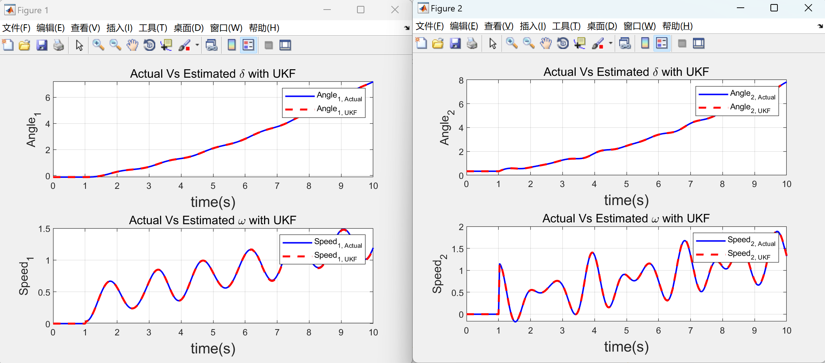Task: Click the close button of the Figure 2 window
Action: (x=808, y=8)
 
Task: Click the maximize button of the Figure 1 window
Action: (x=361, y=10)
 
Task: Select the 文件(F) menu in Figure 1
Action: (x=16, y=28)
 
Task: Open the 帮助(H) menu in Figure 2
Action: (x=677, y=26)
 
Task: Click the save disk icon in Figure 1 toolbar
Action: (x=42, y=45)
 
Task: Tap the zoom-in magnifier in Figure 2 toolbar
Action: (x=512, y=43)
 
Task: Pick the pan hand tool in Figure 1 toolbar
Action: (x=132, y=45)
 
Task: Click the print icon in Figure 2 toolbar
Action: (x=472, y=43)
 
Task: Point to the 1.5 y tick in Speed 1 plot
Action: (x=44, y=229)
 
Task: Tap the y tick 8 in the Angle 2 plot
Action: (x=461, y=81)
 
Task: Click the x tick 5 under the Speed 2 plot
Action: (x=626, y=331)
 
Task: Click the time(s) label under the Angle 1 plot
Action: (x=213, y=202)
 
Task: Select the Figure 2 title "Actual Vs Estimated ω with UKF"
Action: (x=626, y=218)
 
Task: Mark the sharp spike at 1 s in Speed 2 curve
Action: (x=500, y=264)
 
